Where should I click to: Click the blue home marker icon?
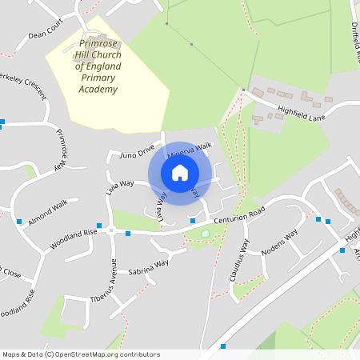pyautogui.click(x=180, y=173)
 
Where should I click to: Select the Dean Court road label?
pyautogui.click(x=44, y=34)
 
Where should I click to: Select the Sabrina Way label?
pyautogui.click(x=149, y=265)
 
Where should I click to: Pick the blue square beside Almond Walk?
pyautogui.click(x=18, y=221)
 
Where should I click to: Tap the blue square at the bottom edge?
pyautogui.click(x=222, y=346)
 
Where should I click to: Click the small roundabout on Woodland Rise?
pyautogui.click(x=111, y=231)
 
